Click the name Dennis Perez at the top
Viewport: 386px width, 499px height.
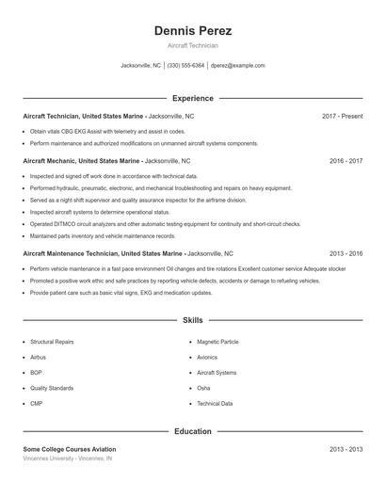point(192,30)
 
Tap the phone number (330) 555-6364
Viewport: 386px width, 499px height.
point(185,66)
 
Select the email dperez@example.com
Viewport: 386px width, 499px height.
point(237,66)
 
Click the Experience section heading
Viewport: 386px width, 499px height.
point(192,98)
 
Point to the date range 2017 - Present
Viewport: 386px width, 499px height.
point(342,116)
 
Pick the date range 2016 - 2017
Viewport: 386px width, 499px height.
point(346,161)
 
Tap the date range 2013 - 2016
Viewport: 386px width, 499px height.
point(346,253)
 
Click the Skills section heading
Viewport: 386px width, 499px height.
point(192,321)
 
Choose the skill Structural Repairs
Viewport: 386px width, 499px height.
point(52,342)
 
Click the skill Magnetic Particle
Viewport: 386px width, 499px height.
point(217,342)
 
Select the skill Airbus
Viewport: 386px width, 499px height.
point(38,358)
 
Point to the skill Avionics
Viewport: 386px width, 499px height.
point(207,358)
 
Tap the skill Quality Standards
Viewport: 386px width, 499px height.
point(51,388)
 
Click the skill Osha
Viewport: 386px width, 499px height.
point(203,388)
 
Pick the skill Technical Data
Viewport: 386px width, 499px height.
point(215,404)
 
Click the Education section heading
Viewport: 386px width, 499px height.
point(192,431)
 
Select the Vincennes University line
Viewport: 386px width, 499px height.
point(68,459)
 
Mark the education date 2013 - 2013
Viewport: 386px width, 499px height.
point(346,450)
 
